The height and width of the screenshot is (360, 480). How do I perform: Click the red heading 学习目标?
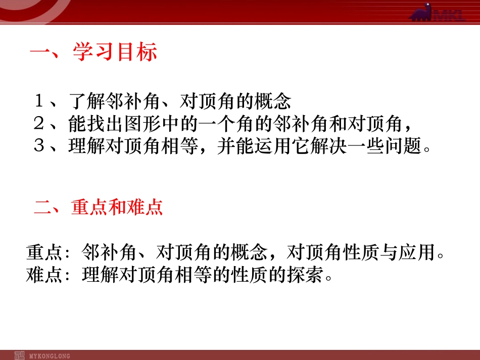tap(115, 53)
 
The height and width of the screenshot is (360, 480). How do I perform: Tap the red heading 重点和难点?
tap(117, 208)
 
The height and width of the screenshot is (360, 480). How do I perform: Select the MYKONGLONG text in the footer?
tap(51, 355)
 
